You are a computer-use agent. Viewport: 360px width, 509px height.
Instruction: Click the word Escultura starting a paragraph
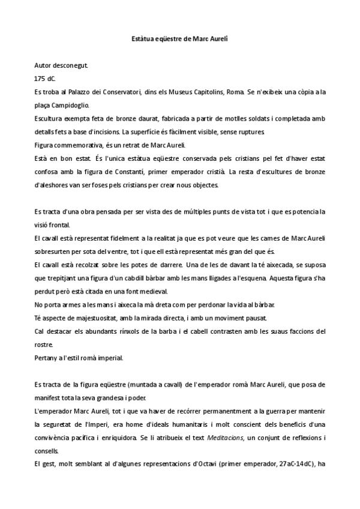point(50,119)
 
